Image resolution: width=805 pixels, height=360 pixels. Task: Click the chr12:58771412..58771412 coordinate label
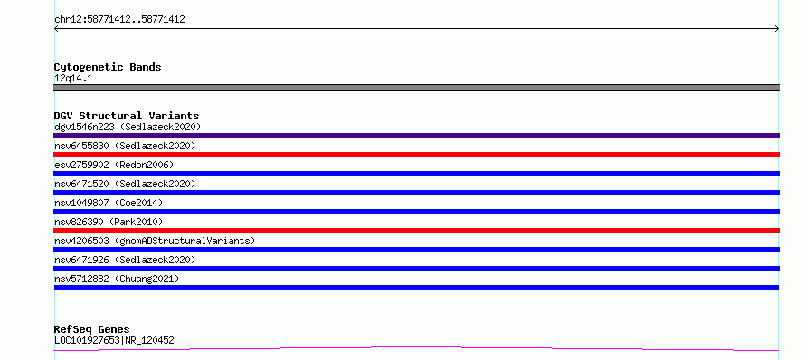pyautogui.click(x=119, y=20)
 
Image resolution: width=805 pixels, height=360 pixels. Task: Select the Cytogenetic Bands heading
pyautogui.click(x=108, y=67)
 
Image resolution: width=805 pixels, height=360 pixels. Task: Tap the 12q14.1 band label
pyautogui.click(x=73, y=79)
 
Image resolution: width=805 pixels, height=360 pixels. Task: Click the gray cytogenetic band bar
pyautogui.click(x=416, y=88)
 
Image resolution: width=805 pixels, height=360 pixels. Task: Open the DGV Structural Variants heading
pyautogui.click(x=127, y=116)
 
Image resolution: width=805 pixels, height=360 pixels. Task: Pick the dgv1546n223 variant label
pyautogui.click(x=128, y=127)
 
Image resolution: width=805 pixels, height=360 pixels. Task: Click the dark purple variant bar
pyautogui.click(x=416, y=136)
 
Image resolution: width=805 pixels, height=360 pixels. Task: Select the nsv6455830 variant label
pyautogui.click(x=125, y=146)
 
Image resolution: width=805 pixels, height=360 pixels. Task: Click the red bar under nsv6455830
pyautogui.click(x=416, y=155)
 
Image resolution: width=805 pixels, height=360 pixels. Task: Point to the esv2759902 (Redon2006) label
pyautogui.click(x=114, y=165)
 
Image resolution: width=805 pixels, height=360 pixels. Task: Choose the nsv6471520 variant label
pyautogui.click(x=125, y=184)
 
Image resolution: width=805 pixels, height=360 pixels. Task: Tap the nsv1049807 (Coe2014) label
pyautogui.click(x=109, y=203)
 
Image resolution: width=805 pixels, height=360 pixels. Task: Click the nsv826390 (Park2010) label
pyautogui.click(x=109, y=222)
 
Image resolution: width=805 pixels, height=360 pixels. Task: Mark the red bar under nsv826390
pyautogui.click(x=416, y=231)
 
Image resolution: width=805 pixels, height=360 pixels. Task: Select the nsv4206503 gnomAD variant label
pyautogui.click(x=155, y=241)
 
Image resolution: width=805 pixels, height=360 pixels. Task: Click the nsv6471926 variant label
pyautogui.click(x=125, y=260)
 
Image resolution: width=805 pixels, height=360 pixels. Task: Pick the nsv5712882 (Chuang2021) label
pyautogui.click(x=117, y=279)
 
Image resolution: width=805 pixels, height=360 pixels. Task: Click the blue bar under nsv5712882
pyautogui.click(x=416, y=288)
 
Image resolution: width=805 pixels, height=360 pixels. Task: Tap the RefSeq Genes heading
pyautogui.click(x=91, y=329)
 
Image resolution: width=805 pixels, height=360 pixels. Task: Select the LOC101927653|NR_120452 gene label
pyautogui.click(x=114, y=340)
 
